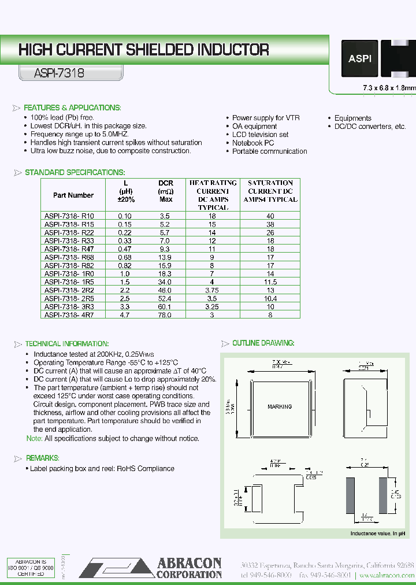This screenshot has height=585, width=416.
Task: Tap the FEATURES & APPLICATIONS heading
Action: pos(72,108)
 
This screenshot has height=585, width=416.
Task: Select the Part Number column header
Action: pos(73,195)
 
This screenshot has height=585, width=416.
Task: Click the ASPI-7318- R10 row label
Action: pos(69,216)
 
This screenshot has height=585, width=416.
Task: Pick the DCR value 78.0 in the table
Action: pos(165,315)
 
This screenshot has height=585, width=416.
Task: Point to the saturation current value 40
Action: pos(270,216)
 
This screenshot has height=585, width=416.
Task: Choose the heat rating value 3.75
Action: pos(213,290)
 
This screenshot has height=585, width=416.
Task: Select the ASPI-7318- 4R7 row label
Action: pos(69,315)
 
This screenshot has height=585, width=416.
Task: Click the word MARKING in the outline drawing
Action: pos(280,406)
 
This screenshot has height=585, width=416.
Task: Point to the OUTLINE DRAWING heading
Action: pos(263,343)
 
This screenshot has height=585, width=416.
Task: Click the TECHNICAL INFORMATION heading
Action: pos(66,343)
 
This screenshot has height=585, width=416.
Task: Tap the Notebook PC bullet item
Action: pos(253,143)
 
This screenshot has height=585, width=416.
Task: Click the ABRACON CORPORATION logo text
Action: pos(188,568)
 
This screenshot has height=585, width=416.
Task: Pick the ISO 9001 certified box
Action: pos(31,567)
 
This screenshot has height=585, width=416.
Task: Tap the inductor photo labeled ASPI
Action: pos(359,59)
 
